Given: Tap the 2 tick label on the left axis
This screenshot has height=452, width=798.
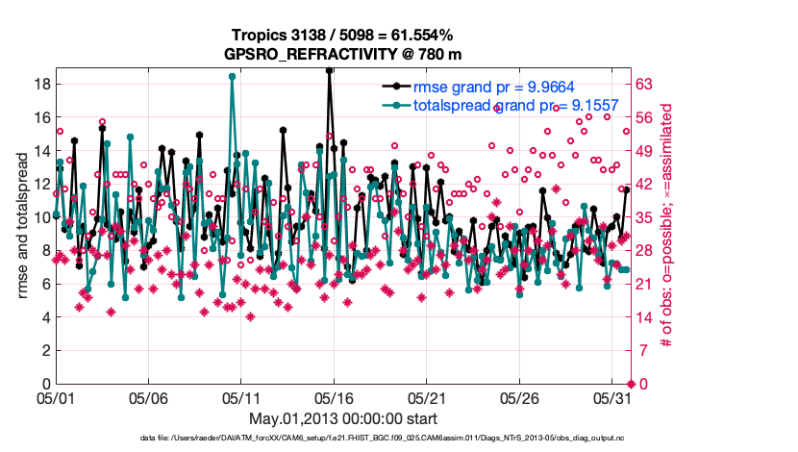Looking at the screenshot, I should point(45,350).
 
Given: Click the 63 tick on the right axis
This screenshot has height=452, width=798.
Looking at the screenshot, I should point(644,84).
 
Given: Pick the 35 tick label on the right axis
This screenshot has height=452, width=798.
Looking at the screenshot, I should point(644,217).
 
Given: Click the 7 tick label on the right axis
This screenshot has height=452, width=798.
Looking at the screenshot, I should point(641,350).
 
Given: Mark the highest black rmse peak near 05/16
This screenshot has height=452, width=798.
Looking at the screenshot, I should point(330,70).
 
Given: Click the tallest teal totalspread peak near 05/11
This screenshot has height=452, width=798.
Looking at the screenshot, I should point(233,76).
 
